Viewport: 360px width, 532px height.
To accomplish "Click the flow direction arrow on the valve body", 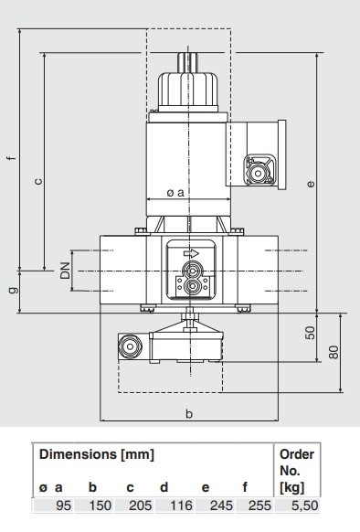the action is pos(191,253).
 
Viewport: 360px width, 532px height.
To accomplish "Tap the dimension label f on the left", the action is pos(12,158).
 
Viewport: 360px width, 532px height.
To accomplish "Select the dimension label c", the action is pos(39,181).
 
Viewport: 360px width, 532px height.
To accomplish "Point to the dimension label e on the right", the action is pos(311,184).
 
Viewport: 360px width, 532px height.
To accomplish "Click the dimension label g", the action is pos(13,291).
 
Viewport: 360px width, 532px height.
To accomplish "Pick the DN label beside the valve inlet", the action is pos(65,271).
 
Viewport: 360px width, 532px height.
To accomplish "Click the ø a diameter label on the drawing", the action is pos(175,193).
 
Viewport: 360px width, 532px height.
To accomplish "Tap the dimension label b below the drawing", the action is pos(189,413).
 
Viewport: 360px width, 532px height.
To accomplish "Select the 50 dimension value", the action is pos(310,333).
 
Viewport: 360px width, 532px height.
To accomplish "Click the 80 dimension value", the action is pos(334,352).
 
